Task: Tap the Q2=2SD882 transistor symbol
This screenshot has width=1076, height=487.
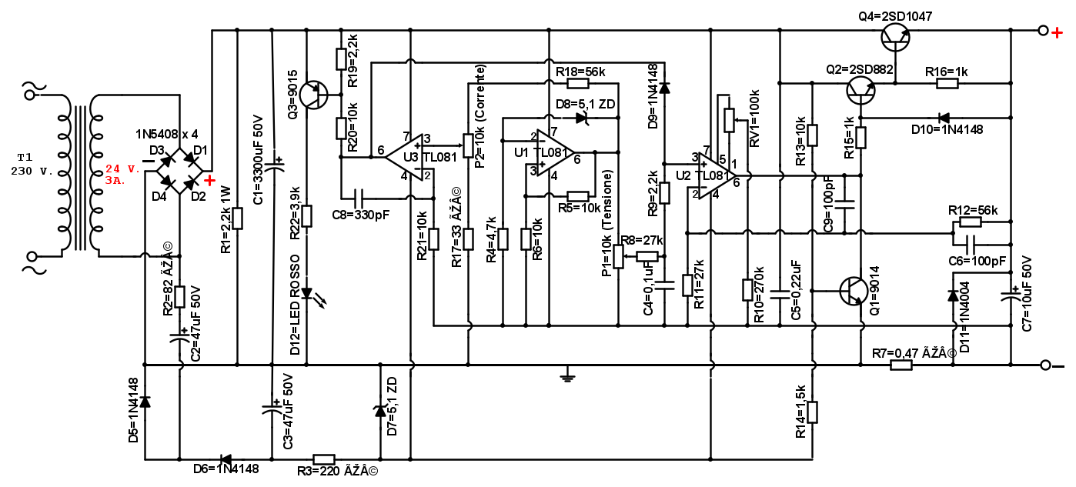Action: (860, 90)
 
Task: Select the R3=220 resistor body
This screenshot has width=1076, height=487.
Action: (324, 459)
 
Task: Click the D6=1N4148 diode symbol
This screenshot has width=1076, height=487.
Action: (226, 459)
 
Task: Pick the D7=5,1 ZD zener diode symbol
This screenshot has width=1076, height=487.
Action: (379, 411)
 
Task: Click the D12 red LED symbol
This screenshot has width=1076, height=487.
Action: (307, 293)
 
